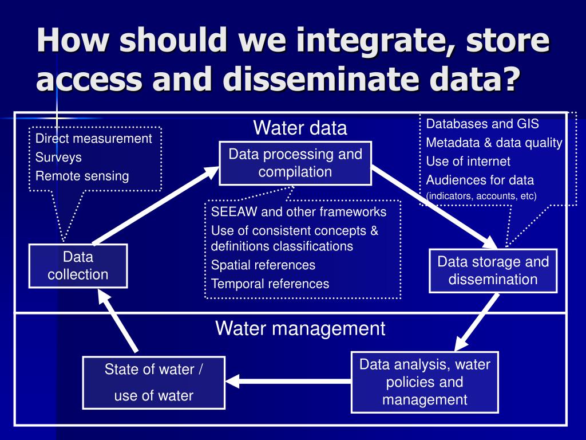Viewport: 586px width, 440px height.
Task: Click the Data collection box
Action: pos(78,266)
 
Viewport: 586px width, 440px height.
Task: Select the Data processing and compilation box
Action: pos(295,163)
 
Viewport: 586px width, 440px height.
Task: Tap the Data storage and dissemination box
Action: pos(493,271)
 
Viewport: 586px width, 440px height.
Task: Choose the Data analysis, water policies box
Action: pos(425,382)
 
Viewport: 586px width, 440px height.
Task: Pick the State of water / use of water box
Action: pos(153,383)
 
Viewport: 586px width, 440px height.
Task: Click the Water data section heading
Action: pos(300,128)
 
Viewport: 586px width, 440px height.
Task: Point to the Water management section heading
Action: pos(300,329)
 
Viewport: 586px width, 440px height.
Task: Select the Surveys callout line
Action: pos(58,158)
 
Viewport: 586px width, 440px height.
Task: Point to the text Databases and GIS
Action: pos(482,124)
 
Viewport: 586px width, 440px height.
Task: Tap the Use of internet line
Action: pos(468,162)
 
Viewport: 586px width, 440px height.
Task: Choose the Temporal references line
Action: pos(270,284)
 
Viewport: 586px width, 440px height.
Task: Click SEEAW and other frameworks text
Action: pos(299,212)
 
